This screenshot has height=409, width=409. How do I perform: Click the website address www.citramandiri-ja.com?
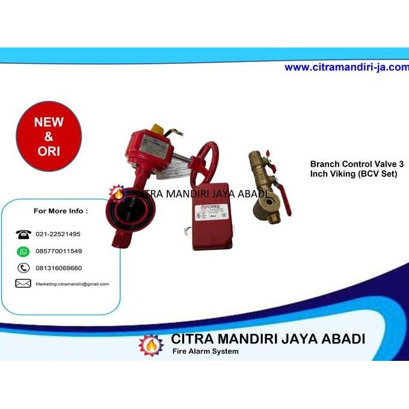(x=346, y=67)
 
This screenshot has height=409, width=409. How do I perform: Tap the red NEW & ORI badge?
(x=48, y=137)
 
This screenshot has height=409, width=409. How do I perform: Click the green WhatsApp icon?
(x=23, y=251)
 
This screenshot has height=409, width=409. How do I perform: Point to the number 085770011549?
(x=59, y=251)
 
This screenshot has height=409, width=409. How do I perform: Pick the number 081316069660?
(x=59, y=268)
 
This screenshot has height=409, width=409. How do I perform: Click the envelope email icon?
(x=23, y=284)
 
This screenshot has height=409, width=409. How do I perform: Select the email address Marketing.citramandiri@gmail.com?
(x=72, y=284)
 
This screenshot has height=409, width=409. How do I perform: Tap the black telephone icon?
(x=23, y=234)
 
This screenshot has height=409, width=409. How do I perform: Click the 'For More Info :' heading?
(x=60, y=211)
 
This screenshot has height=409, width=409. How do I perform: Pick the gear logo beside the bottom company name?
(x=150, y=344)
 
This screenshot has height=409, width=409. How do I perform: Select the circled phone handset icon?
(x=23, y=268)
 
